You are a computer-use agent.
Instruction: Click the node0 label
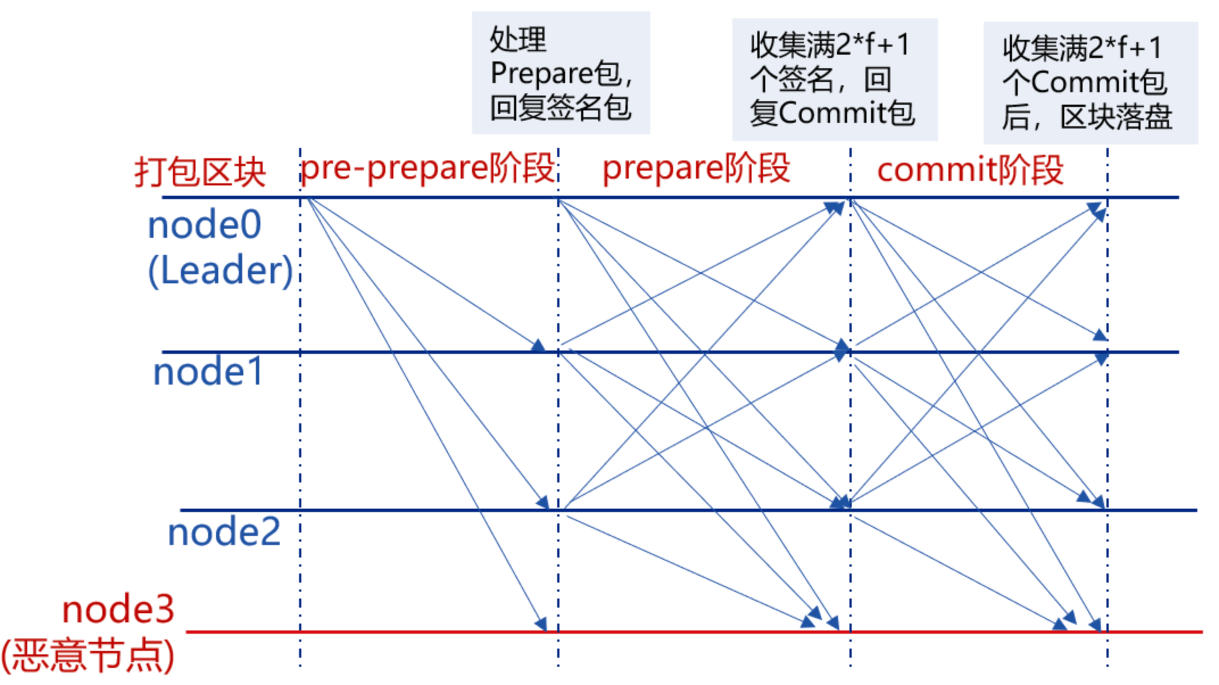pos(205,225)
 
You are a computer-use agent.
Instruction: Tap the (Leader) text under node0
pos(221,270)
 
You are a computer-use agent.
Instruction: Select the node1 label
pos(208,372)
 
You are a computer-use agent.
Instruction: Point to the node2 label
pos(224,533)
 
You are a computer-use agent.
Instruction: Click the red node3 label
pos(118,610)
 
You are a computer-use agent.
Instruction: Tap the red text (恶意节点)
pos(88,656)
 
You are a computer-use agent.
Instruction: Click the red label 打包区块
pos(200,171)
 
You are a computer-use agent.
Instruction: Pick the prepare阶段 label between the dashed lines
pos(696,168)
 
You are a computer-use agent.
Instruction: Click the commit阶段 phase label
pos(970,170)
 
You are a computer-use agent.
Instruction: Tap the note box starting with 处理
pos(561,73)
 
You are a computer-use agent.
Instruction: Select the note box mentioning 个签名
pos(834,79)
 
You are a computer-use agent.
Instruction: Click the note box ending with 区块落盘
pos(1090,83)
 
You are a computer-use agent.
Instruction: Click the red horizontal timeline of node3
pos(682,632)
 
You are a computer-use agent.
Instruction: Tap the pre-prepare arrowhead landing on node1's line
pos(538,345)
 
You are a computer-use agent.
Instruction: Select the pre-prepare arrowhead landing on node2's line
pos(544,502)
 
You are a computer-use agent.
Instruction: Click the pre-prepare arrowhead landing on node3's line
pos(541,624)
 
